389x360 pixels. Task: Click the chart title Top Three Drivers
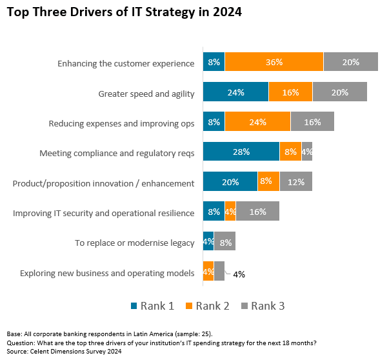coord(124,12)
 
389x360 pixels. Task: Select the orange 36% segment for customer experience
coord(274,63)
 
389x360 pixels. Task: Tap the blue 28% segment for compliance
coord(241,152)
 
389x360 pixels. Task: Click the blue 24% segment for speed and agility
coord(235,92)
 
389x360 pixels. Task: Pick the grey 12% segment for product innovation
coord(295,182)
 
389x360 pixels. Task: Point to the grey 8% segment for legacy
coord(224,242)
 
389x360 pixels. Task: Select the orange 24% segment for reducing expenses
coord(257,122)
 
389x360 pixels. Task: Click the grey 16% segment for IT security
coord(257,212)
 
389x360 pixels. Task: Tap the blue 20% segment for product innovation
coord(230,182)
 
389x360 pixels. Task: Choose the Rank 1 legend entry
coord(152,306)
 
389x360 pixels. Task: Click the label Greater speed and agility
coord(146,94)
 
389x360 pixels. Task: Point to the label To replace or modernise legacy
coord(134,243)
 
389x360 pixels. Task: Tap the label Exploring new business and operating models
coord(107,273)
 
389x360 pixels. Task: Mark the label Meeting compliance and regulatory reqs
coord(117,154)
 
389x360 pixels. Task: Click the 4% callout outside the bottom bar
coord(239,274)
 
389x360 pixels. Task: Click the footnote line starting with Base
coord(110,334)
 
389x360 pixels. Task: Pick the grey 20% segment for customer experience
coord(350,63)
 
